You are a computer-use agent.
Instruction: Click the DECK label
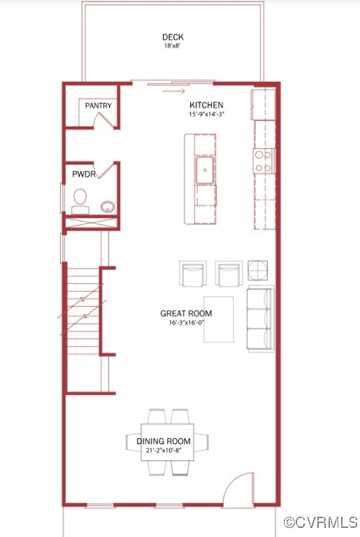[173, 37]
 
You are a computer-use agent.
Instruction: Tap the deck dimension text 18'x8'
[173, 47]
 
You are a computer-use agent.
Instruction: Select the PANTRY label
[99, 106]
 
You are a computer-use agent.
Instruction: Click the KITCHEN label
[206, 106]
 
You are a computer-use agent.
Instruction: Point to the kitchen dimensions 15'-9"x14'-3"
[206, 114]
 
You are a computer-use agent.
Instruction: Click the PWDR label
[83, 173]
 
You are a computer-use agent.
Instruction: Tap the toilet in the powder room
[80, 199]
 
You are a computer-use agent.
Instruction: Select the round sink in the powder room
[107, 206]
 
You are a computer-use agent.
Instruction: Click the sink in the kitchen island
[205, 170]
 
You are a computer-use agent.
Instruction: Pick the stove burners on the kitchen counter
[264, 162]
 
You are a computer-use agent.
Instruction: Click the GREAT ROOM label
[187, 314]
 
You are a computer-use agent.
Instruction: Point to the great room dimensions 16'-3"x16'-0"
[187, 323]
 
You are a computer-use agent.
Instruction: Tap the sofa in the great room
[261, 319]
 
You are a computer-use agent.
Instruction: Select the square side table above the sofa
[258, 270]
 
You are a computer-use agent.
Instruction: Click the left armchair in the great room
[193, 273]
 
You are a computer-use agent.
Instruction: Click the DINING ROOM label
[168, 441]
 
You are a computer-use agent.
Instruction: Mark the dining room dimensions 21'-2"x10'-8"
[168, 451]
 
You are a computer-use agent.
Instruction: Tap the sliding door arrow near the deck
[175, 90]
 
